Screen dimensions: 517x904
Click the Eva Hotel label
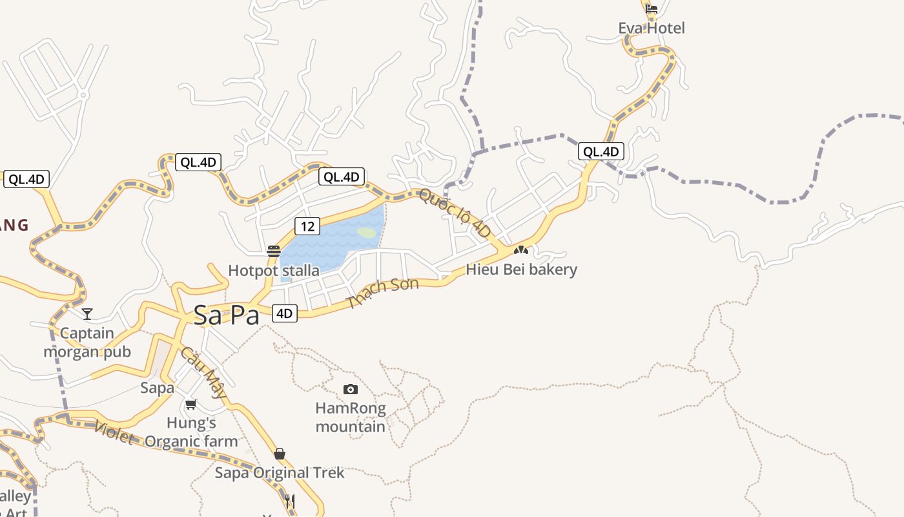651,28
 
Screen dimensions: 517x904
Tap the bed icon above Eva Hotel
652,9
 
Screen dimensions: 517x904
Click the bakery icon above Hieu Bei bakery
521,250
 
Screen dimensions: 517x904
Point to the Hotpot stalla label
274,270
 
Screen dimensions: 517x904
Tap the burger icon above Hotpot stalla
274,251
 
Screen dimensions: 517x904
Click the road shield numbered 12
307,226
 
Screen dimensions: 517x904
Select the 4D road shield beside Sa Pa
284,314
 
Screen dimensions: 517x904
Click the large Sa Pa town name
227,315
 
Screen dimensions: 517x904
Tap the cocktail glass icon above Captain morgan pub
87,314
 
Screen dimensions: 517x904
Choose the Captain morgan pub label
87,343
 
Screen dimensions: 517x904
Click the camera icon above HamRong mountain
350,389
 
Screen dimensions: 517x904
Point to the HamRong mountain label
350,417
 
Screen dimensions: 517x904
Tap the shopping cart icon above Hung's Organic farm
190,405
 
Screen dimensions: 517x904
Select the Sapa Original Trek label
280,473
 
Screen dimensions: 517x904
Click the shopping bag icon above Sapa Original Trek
280,454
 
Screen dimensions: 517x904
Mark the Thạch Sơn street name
383,292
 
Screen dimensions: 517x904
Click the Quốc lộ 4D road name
455,213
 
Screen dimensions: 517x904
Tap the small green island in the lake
367,233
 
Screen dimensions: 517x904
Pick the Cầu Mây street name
203,372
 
